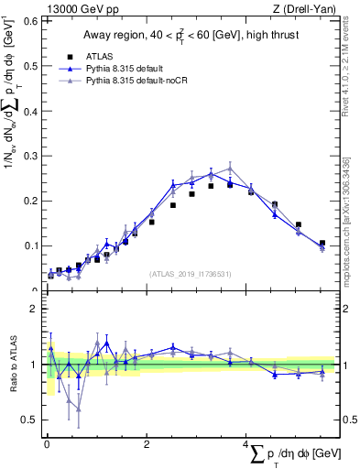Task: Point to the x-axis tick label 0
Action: [47, 446]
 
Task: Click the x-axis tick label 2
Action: [147, 446]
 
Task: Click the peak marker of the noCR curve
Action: [231, 169]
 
